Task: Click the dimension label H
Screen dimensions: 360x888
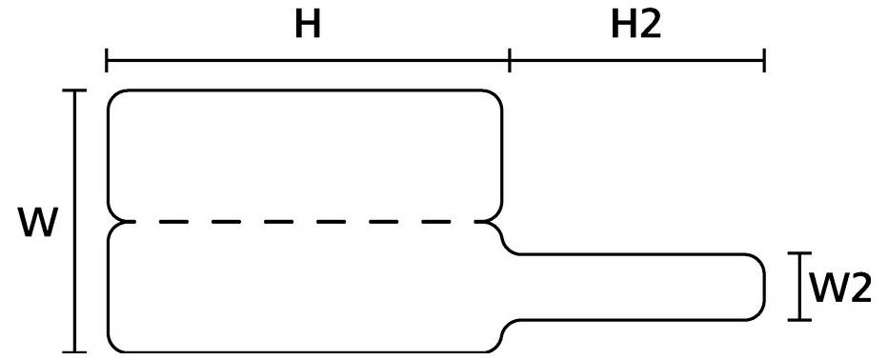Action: (x=306, y=26)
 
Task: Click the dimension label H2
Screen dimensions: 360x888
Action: (x=636, y=26)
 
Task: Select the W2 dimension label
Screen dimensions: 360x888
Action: (x=840, y=287)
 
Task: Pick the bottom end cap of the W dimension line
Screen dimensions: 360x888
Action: (x=74, y=351)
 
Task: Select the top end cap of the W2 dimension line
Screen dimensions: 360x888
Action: (x=801, y=254)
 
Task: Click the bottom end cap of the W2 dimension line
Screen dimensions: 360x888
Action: (x=801, y=320)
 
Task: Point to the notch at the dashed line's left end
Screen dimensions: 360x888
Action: (x=113, y=222)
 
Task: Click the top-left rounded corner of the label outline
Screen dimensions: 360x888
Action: (x=113, y=96)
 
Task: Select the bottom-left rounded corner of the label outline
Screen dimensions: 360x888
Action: (x=113, y=346)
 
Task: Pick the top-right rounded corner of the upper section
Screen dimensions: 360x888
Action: (x=496, y=96)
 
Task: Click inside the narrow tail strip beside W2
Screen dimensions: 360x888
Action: (x=638, y=287)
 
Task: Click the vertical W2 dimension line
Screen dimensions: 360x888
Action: (x=801, y=287)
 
